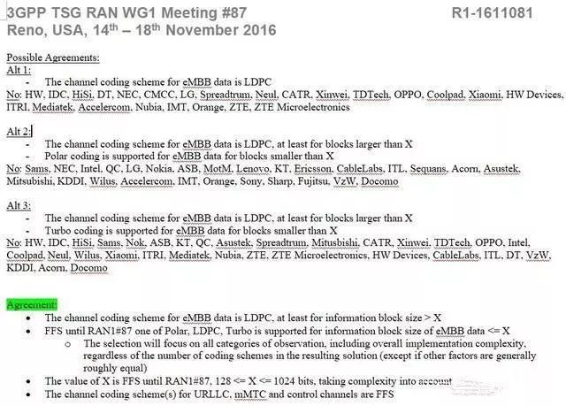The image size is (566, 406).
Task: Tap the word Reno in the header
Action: [22, 30]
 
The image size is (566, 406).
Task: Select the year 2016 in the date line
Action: [259, 30]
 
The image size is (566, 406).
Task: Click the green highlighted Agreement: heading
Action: [32, 304]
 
